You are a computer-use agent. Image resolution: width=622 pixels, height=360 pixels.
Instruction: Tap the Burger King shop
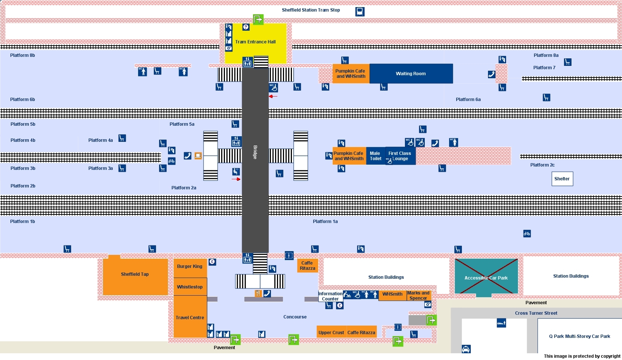(190, 267)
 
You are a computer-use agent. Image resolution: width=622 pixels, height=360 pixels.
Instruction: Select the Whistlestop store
(190, 287)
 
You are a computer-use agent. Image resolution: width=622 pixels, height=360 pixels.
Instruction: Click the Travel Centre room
(190, 317)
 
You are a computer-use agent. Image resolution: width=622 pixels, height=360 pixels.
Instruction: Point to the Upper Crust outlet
(331, 332)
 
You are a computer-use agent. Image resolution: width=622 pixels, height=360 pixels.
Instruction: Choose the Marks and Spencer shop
(418, 296)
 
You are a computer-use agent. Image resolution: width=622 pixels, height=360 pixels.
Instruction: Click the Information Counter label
(330, 296)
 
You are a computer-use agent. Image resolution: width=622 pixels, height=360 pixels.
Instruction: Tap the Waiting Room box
(411, 74)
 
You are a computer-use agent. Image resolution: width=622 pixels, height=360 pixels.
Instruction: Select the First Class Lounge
(400, 156)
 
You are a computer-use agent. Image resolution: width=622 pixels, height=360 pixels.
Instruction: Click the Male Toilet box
(375, 156)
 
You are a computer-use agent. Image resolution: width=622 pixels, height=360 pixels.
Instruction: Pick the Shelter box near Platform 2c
(562, 179)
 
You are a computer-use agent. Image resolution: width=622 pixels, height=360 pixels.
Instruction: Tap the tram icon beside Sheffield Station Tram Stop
(360, 12)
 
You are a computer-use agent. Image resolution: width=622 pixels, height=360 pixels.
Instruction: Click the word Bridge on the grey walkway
(255, 152)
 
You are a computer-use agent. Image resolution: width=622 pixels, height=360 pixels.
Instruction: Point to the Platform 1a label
(325, 222)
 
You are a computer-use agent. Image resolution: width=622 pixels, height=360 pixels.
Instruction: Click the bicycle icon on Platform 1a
(527, 234)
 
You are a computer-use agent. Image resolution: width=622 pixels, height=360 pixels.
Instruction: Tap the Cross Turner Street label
(536, 313)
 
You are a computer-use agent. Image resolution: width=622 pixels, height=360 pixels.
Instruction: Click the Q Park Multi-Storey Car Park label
(579, 336)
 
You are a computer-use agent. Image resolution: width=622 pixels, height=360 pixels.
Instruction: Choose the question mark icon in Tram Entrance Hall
(246, 27)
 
